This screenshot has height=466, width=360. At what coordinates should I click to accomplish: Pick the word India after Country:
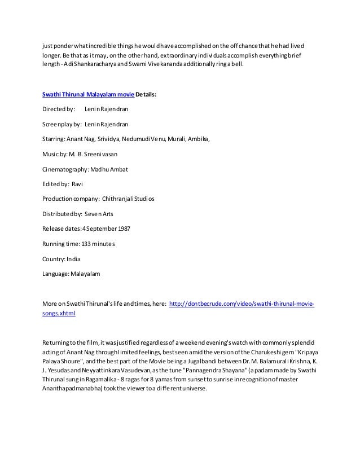(73, 260)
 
